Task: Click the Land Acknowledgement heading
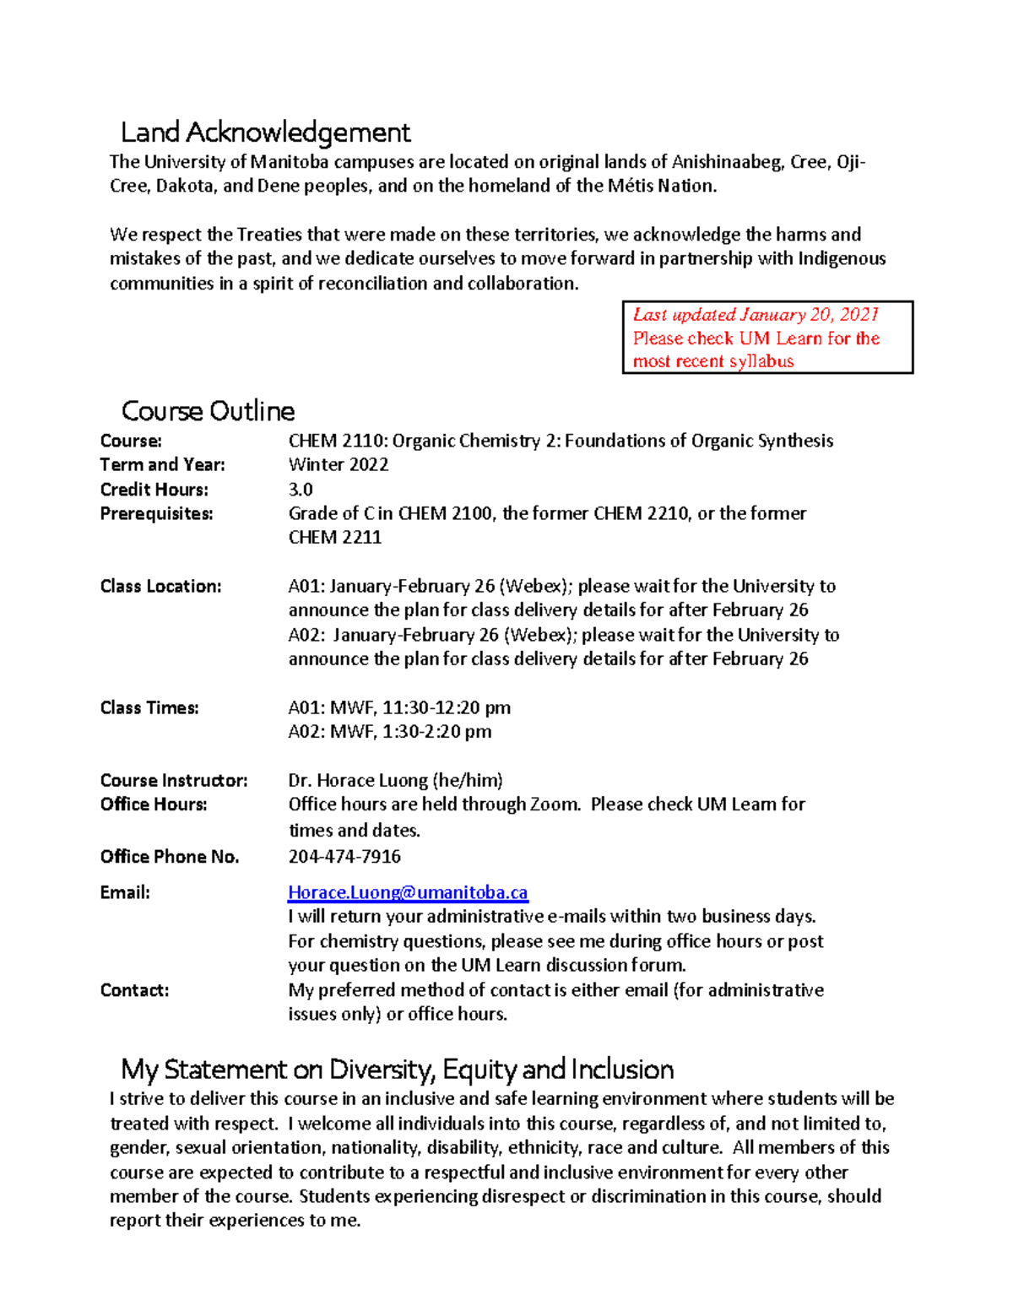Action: [265, 133]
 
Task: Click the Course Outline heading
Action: [208, 411]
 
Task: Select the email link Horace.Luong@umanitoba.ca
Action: [408, 892]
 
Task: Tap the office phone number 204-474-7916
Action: [344, 857]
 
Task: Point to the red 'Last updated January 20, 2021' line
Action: [756, 315]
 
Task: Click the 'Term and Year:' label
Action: [162, 465]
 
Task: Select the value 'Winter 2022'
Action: [339, 465]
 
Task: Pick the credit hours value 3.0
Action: [301, 490]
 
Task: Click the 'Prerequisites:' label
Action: [156, 514]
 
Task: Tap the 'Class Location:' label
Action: [160, 587]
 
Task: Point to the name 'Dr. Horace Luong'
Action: [358, 781]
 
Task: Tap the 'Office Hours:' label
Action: [153, 804]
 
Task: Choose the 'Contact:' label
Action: [134, 990]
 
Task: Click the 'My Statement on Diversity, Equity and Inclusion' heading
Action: [397, 1070]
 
